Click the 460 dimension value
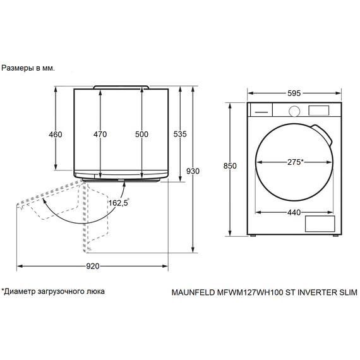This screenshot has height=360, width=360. coord(56,135)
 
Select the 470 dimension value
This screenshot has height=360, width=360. coord(100,135)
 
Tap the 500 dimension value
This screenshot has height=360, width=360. coord(141,135)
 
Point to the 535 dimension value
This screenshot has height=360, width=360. coord(180,135)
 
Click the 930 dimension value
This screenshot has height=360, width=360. coord(193,171)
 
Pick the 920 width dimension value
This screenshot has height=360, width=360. coord(92,267)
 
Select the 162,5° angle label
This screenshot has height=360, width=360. coord(118,203)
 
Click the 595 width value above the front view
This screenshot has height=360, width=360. coord(294,93)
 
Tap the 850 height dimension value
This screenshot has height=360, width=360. coord(230,166)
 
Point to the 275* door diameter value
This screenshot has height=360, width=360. coord(294,162)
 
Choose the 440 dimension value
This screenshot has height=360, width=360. coord(294,212)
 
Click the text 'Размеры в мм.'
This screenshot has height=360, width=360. coord(28,68)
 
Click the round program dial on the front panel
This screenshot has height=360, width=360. coord(294,111)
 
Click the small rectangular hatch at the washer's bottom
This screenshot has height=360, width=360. coord(318,224)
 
